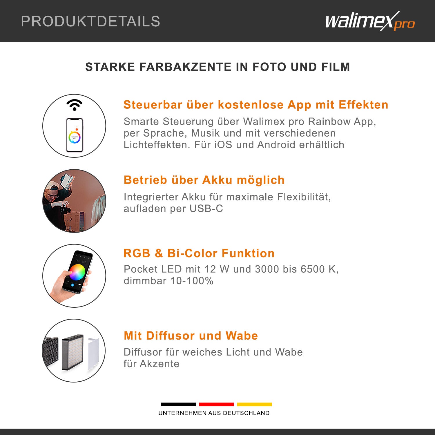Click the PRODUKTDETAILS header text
(90, 21)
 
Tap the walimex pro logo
(370, 21)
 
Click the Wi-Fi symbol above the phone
(75, 105)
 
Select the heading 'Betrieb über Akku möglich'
(204, 180)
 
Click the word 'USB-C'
(206, 209)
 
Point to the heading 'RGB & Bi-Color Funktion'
(199, 253)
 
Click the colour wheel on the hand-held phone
(77, 272)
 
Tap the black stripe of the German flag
(178, 404)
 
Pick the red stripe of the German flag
(216, 404)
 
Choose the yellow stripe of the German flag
(254, 404)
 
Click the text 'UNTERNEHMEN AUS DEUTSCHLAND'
(214, 413)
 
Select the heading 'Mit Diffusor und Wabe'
(191, 336)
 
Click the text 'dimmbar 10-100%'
(168, 281)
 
